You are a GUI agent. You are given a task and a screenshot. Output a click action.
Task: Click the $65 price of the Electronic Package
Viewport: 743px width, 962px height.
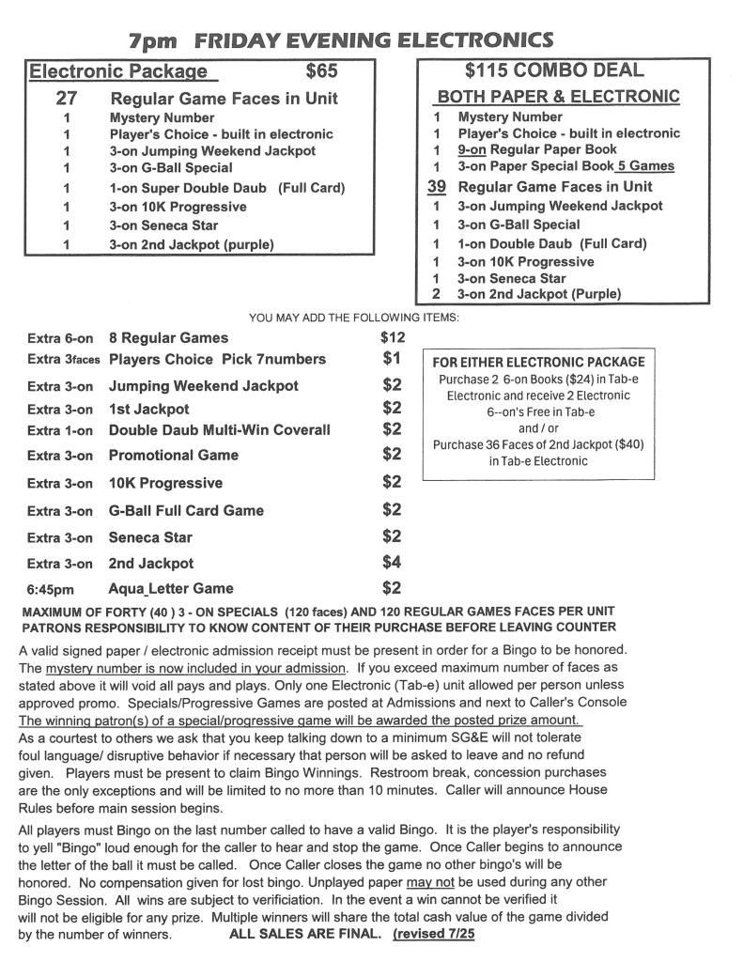click(321, 71)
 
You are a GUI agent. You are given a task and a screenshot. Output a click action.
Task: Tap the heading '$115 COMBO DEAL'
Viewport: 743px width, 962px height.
click(554, 70)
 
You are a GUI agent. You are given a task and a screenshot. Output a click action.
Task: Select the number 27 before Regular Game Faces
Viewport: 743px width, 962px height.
click(67, 98)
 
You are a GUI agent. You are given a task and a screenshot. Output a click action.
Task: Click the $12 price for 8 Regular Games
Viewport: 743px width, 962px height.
click(393, 337)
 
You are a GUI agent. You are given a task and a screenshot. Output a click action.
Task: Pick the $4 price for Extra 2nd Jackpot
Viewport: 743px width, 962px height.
click(392, 563)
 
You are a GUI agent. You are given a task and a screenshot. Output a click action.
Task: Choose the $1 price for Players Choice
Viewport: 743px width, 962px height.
click(392, 358)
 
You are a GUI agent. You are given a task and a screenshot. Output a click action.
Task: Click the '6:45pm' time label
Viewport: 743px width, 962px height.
click(53, 589)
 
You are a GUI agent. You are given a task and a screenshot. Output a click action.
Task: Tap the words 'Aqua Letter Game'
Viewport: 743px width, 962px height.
click(171, 589)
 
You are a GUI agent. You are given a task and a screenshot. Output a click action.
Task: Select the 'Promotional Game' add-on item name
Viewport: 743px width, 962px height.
click(174, 455)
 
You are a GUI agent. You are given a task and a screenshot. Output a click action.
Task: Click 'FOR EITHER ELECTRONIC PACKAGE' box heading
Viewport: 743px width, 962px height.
click(538, 362)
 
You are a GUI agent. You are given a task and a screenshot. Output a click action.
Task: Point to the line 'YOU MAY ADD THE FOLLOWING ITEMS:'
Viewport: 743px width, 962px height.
click(354, 318)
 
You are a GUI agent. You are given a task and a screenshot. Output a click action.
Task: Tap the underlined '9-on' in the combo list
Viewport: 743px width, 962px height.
click(472, 148)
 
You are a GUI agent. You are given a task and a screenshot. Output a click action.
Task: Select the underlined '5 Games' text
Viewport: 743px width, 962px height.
click(645, 166)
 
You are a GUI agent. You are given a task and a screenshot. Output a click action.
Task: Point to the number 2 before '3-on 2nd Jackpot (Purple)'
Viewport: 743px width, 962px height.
click(437, 294)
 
